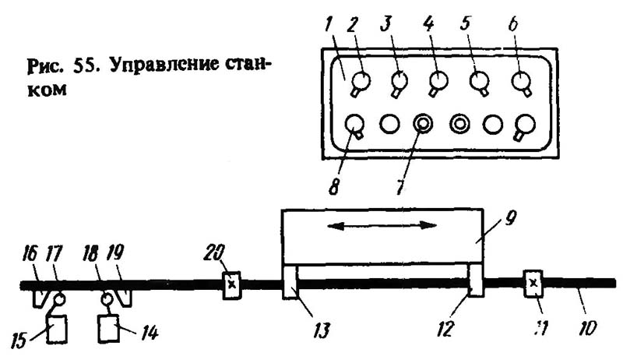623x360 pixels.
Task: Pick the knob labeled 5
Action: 479,80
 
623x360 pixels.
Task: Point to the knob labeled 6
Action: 520,80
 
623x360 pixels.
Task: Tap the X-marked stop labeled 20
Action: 232,286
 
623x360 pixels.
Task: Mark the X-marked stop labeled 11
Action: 533,283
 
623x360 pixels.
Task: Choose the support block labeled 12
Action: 475,281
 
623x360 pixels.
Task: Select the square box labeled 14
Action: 109,330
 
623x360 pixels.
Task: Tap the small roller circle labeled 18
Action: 108,298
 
